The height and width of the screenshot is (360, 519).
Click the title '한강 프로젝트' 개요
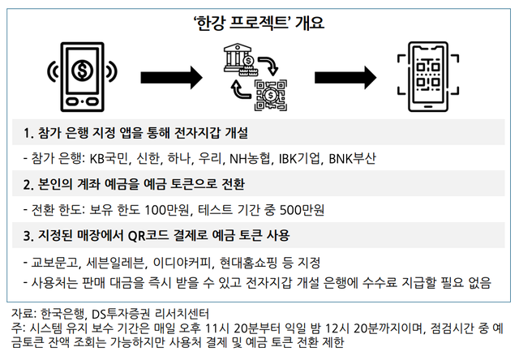point(259,24)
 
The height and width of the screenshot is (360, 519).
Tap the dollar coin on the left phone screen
point(82,71)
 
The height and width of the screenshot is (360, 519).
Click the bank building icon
point(237,58)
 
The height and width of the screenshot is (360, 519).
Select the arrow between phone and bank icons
point(171,77)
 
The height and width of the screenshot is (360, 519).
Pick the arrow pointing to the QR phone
point(345,77)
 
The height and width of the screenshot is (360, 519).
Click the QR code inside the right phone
point(428,75)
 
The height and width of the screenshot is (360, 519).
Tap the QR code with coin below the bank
point(270,96)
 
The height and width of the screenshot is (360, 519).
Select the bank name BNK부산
point(352,159)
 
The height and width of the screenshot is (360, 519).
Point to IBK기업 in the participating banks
point(299,159)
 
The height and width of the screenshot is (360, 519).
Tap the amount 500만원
point(302,210)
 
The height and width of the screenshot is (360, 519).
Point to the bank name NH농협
point(250,159)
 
